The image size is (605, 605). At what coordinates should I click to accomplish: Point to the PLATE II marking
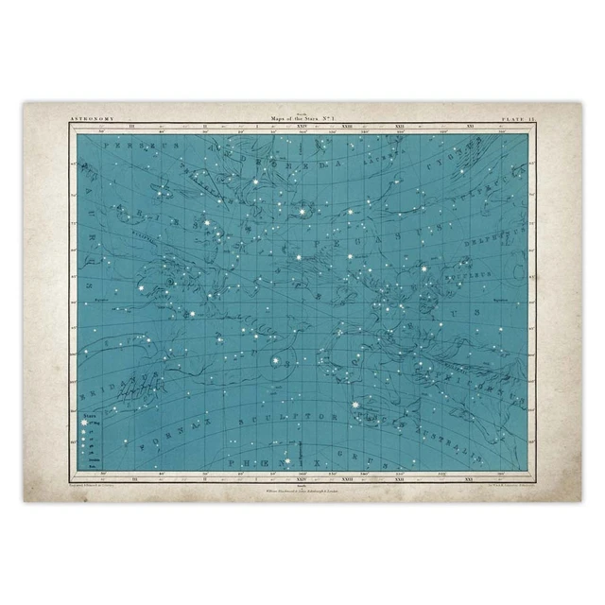(x=519, y=119)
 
